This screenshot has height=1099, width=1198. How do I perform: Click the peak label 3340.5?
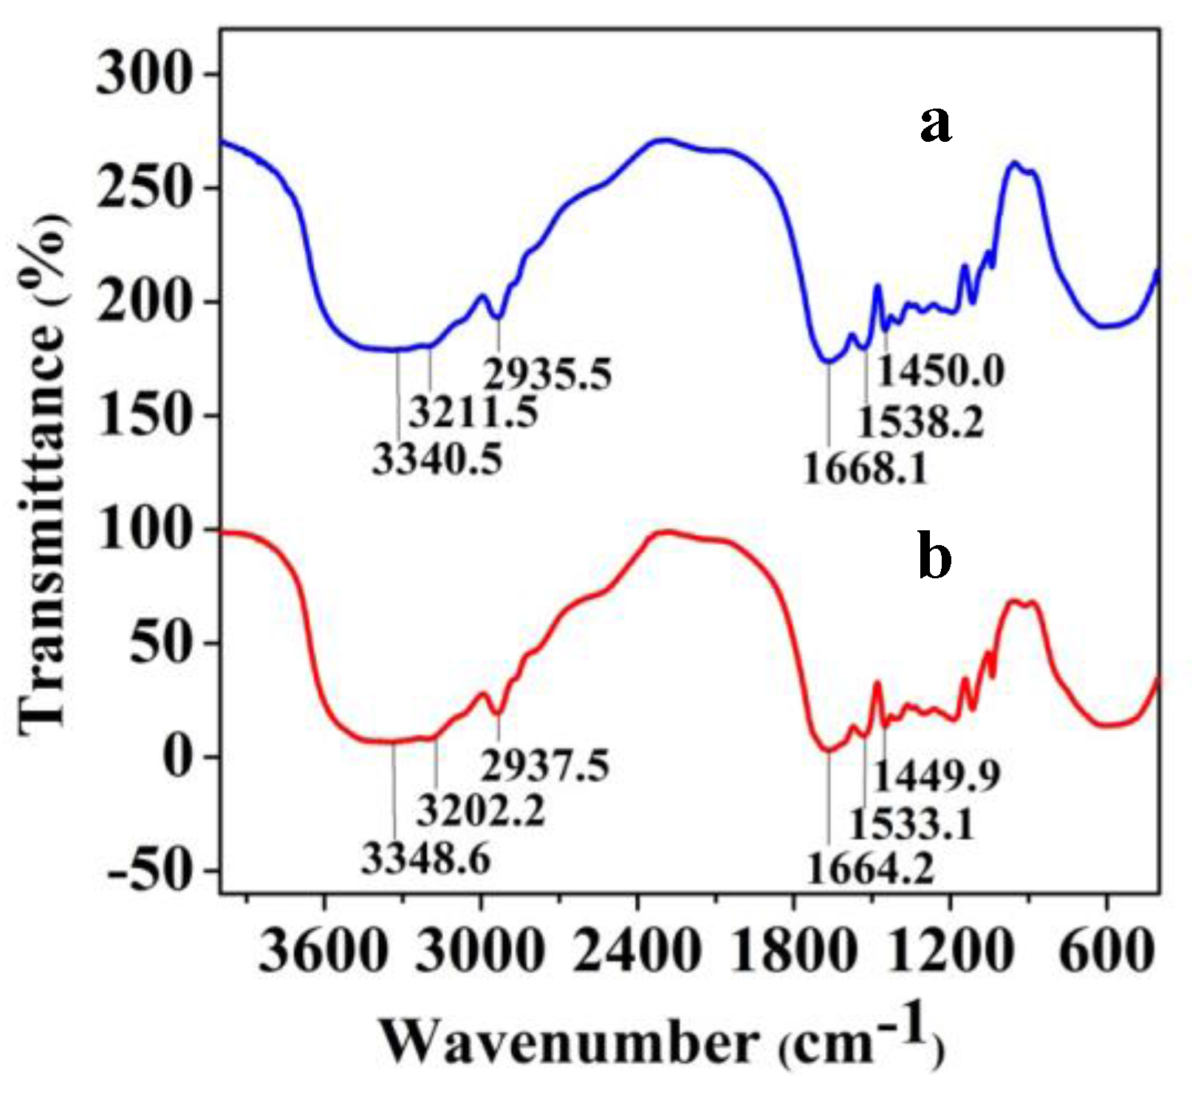coord(437,460)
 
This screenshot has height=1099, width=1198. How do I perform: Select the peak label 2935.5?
coord(548,374)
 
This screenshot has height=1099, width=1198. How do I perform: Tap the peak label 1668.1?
coord(866,469)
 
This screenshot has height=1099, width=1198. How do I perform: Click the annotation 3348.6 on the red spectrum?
coord(426,860)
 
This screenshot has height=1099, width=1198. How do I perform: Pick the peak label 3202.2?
coord(480,810)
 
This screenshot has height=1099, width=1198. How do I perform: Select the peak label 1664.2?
coord(870,869)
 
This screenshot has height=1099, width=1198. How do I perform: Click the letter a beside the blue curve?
coord(935,124)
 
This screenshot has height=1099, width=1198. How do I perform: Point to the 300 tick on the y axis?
coord(145,75)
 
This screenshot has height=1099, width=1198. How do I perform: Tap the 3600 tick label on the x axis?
coord(323,952)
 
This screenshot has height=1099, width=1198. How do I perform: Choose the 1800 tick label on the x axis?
coord(793,952)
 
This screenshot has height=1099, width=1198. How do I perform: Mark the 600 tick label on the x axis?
coord(1106,952)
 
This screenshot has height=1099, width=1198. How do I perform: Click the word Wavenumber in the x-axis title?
coord(569,1043)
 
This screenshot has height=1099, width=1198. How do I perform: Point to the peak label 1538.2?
coord(920,423)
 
